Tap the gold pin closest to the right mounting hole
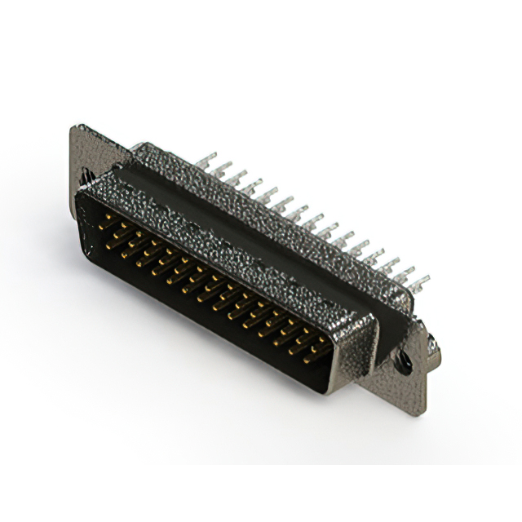318,350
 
